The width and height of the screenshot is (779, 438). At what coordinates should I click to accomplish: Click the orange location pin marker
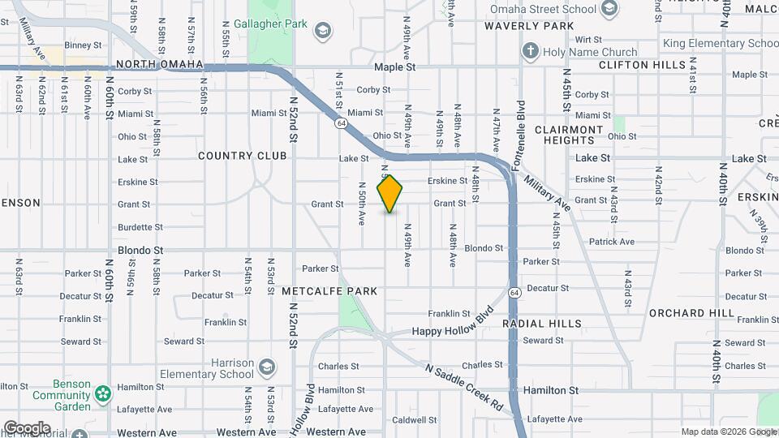click(x=390, y=193)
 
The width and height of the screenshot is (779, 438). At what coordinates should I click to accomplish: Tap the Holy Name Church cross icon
click(x=531, y=52)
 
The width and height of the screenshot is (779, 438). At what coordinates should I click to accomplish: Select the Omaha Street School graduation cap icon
click(x=609, y=9)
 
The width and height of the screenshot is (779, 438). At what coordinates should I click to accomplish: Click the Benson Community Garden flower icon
click(x=102, y=395)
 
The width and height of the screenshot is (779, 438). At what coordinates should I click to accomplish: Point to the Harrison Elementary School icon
click(x=266, y=370)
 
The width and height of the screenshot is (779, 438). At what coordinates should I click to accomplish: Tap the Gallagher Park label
click(x=270, y=24)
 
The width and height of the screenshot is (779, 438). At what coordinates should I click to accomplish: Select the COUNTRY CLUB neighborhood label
click(x=242, y=156)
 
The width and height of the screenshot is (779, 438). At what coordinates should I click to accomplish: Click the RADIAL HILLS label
click(x=541, y=324)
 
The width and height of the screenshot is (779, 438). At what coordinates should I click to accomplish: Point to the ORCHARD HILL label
click(x=691, y=313)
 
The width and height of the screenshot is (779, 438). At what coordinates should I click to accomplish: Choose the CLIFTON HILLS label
click(x=635, y=64)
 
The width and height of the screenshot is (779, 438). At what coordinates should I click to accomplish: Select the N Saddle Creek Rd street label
click(x=465, y=386)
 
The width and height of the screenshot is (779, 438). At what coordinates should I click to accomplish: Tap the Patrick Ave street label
click(x=612, y=242)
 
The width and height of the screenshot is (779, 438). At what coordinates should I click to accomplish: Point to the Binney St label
click(x=82, y=45)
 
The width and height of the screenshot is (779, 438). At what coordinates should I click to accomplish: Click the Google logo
click(x=26, y=428)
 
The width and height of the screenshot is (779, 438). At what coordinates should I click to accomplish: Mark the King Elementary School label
click(x=720, y=43)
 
